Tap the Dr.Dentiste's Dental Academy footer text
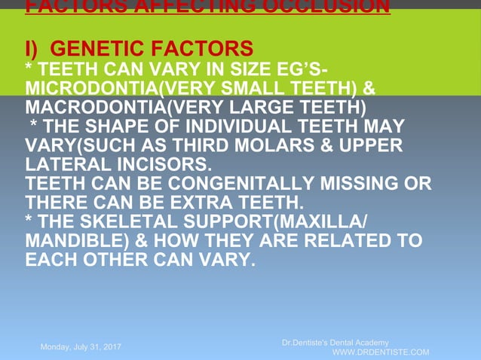(335, 343)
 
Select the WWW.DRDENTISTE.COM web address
(381, 352)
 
